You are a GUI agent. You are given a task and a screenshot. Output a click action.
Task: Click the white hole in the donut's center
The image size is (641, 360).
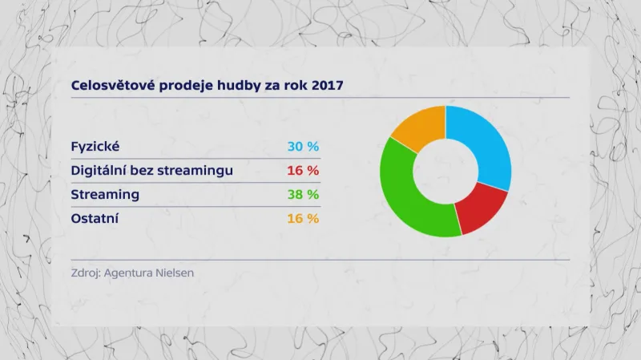pos(445,171)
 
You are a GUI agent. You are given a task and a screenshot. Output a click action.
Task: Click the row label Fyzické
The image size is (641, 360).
pos(95,147)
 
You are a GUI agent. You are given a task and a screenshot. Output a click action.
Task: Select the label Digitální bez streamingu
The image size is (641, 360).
pos(152,171)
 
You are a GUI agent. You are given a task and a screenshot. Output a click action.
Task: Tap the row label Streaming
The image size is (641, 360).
pos(105,195)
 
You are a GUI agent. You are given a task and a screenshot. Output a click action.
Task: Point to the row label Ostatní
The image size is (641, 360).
pos(94,218)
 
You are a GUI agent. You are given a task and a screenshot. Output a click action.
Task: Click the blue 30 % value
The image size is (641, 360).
pos(303,147)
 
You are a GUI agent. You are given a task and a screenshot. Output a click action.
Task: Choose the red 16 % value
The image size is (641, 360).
pos(303,171)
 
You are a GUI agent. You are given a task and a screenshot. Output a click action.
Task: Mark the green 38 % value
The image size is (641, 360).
pos(303,195)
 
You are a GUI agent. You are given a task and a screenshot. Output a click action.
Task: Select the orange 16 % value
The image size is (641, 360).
pos(303,218)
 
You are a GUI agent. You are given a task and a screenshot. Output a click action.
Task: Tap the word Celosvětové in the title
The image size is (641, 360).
pos(112,84)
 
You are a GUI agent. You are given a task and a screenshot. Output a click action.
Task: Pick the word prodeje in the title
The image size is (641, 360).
pos(183,84)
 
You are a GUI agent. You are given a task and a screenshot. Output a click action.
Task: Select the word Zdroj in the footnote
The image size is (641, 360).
pos(86,273)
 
